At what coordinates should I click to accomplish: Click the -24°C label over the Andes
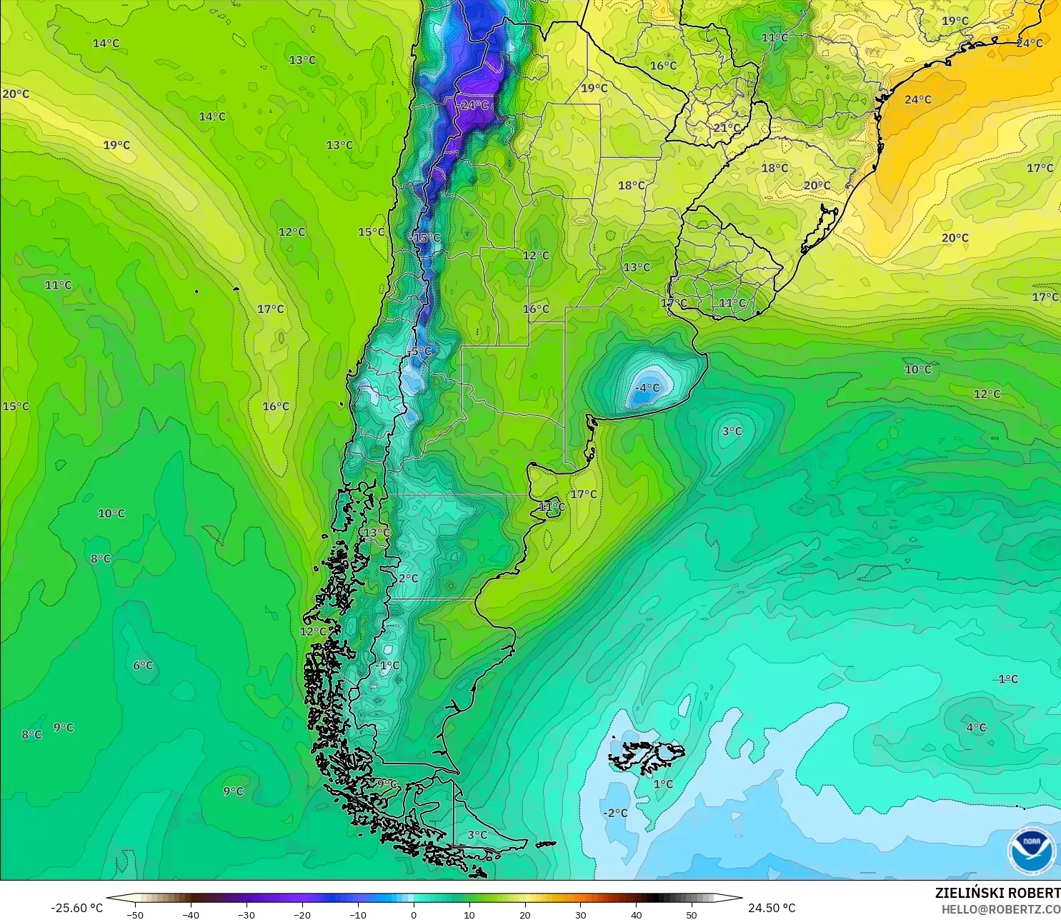tap(474, 105)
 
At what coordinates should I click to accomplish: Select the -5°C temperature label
tap(420, 351)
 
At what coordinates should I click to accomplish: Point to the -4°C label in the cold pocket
tap(647, 387)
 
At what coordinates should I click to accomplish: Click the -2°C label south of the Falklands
tap(615, 813)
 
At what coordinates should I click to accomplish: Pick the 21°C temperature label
tap(727, 128)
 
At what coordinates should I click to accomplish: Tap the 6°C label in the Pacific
tap(143, 666)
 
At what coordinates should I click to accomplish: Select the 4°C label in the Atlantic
tap(976, 728)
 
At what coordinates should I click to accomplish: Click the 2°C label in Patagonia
tap(409, 578)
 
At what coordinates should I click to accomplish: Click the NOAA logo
tap(1032, 851)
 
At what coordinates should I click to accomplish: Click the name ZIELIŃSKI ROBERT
tap(997, 893)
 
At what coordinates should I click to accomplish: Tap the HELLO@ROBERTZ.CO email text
tap(1000, 909)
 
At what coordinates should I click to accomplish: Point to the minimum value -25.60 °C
tap(77, 908)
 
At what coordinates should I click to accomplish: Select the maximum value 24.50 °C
tap(772, 908)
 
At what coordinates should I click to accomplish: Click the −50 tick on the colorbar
tap(134, 914)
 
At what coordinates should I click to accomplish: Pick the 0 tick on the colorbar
tap(413, 914)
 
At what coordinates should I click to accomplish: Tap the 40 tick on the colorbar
tap(636, 914)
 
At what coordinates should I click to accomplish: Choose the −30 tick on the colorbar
tap(246, 914)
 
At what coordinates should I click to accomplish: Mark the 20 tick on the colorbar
tap(524, 914)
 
